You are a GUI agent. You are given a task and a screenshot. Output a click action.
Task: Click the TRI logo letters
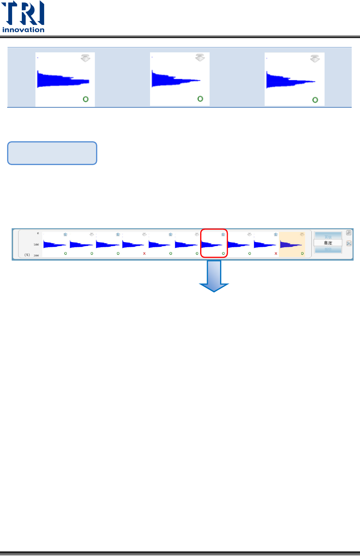23,13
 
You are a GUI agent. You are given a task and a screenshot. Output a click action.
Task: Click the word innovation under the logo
23,30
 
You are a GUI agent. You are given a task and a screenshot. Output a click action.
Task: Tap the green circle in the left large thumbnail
86,99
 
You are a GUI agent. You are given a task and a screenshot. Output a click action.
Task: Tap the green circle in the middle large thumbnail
200,99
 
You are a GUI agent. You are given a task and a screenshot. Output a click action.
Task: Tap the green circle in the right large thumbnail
315,100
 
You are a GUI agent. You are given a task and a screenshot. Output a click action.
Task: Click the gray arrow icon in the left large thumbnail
86,58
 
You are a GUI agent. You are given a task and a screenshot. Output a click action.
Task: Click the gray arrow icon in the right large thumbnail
315,58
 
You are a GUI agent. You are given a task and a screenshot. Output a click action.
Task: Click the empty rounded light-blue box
52,153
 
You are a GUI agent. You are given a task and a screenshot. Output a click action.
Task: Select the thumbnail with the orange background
292,244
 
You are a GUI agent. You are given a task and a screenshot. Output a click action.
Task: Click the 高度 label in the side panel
328,243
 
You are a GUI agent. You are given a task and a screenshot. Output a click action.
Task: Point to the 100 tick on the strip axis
36,244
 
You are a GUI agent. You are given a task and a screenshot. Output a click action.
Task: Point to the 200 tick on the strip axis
36,255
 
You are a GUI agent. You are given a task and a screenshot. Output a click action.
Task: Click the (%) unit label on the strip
27,255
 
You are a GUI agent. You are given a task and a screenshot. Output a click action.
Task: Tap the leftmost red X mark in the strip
144,254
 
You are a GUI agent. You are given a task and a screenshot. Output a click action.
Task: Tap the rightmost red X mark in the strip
276,254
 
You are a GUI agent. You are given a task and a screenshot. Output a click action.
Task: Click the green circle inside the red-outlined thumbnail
223,254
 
